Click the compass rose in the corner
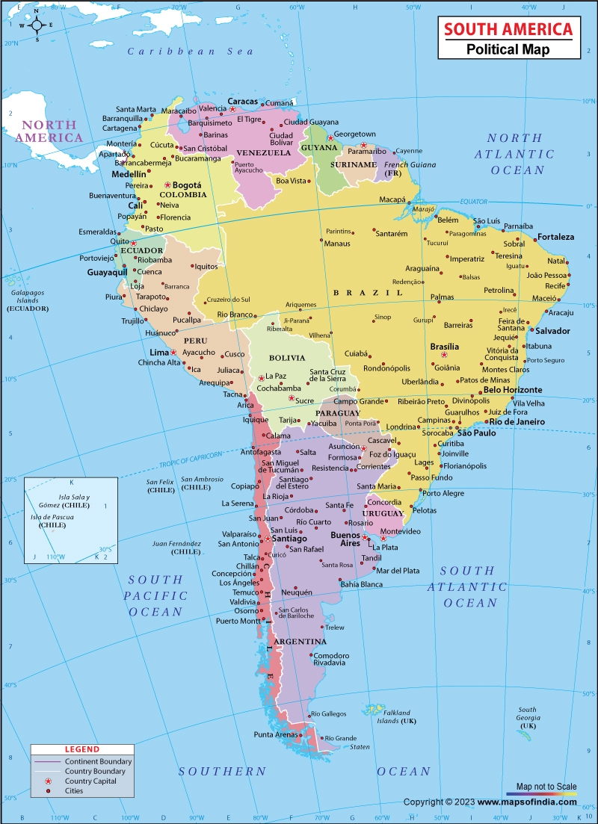pos(35,25)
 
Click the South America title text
pos(508,29)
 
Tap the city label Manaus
pos(337,244)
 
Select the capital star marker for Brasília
pos(443,355)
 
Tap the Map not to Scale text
pos(543,785)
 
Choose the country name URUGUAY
pos(383,513)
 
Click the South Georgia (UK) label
pos(528,718)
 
